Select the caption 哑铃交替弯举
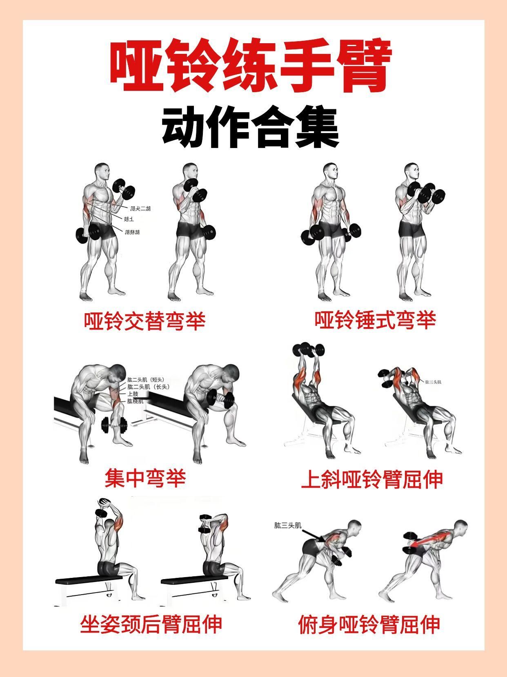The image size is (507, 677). (x=145, y=321)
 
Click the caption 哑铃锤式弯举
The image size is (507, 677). (x=375, y=320)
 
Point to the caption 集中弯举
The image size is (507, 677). (x=145, y=478)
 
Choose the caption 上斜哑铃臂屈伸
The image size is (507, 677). (x=372, y=480)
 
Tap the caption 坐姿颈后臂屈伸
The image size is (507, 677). (x=151, y=624)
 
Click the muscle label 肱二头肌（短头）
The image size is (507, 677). (x=146, y=380)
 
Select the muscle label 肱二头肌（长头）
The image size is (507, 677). (x=148, y=387)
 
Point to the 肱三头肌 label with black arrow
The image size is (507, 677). (x=288, y=526)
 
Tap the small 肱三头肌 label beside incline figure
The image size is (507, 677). (x=433, y=382)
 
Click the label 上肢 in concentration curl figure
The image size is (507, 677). (x=133, y=394)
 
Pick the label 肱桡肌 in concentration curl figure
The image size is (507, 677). (x=135, y=401)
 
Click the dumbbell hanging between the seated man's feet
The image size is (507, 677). (x=114, y=426)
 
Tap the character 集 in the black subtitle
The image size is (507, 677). (x=318, y=128)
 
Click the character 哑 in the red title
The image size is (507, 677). (x=136, y=65)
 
